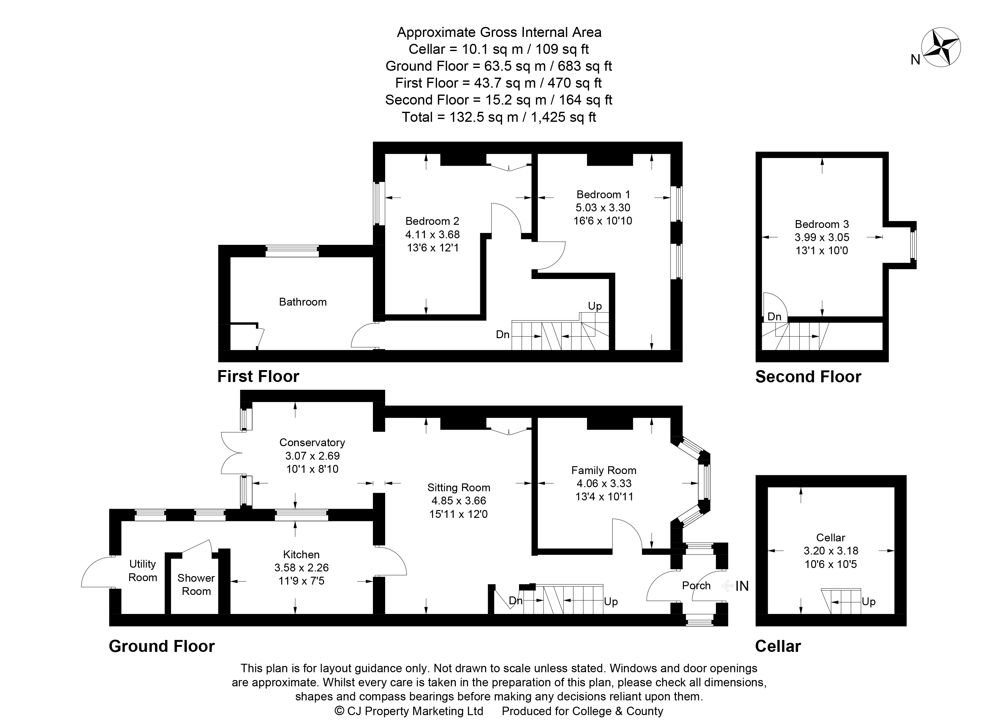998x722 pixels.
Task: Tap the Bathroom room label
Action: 303,302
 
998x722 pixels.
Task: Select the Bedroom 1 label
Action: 603,194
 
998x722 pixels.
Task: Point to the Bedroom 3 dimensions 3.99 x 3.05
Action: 822,237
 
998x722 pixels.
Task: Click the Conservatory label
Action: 312,442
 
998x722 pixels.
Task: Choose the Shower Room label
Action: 196,585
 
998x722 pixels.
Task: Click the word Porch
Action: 696,585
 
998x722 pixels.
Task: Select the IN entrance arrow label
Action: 736,586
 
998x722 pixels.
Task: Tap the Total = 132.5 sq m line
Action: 499,117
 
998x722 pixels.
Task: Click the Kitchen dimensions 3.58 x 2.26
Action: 301,568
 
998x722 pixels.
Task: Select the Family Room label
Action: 604,470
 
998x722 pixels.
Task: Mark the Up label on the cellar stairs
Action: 868,602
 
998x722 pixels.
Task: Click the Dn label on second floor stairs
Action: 774,317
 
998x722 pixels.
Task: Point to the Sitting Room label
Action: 459,488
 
